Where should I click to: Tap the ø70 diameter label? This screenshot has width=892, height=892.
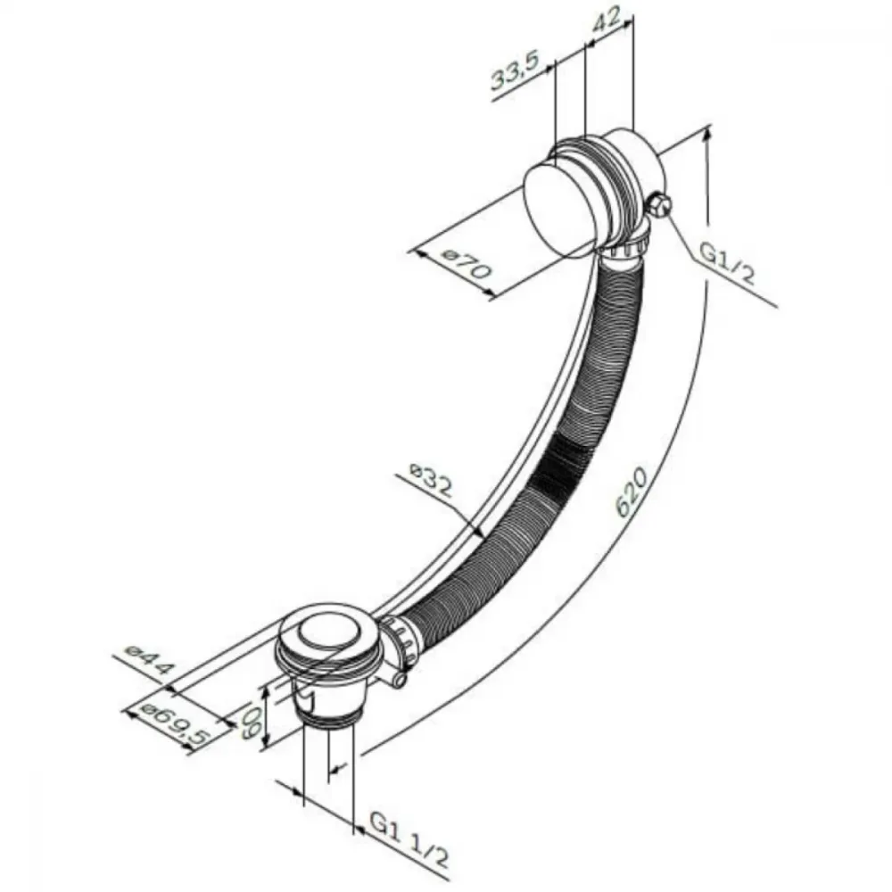(466, 264)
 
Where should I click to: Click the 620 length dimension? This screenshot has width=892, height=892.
(632, 492)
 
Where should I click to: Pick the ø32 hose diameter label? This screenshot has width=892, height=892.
(431, 479)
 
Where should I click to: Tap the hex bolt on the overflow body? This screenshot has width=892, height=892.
(659, 205)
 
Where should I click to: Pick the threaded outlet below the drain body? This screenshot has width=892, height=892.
(327, 722)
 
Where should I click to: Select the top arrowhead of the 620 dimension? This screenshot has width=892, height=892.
(707, 136)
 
